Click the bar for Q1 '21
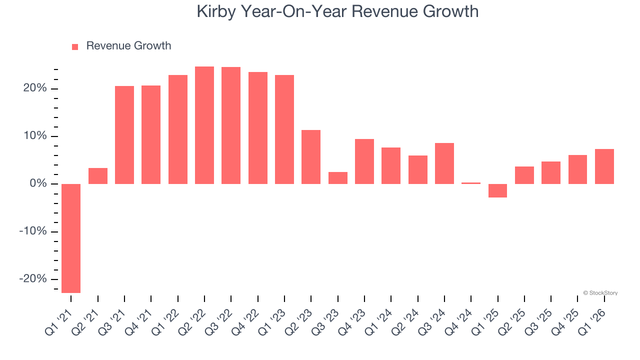(x=71, y=238)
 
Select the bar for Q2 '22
(x=204, y=125)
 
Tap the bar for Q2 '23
(x=311, y=157)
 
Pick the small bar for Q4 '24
(x=471, y=183)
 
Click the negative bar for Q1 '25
(x=497, y=190)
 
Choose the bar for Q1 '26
(x=604, y=166)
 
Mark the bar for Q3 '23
(x=337, y=178)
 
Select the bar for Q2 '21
(x=98, y=176)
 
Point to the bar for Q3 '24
(x=444, y=163)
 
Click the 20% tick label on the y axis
(x=35, y=88)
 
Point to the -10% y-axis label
(x=33, y=231)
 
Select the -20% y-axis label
(x=33, y=279)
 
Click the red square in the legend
(x=75, y=46)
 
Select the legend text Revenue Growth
(x=128, y=46)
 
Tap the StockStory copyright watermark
(x=600, y=293)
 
